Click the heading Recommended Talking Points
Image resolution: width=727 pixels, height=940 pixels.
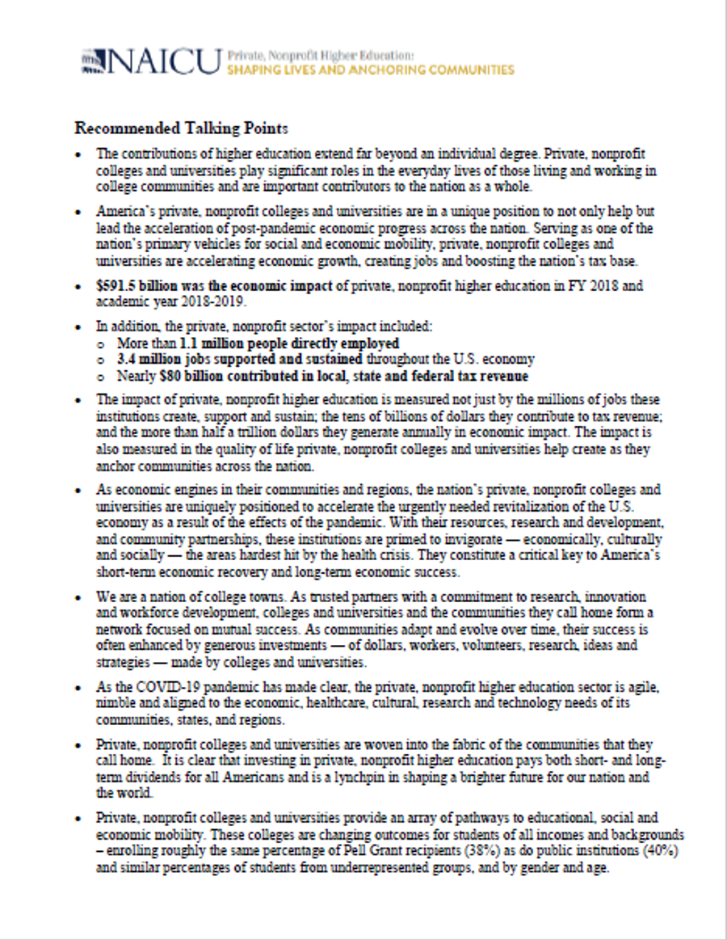[x=182, y=128]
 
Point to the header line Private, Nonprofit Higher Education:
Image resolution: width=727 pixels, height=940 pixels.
[x=320, y=56]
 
